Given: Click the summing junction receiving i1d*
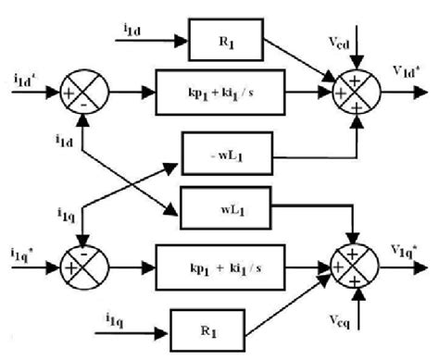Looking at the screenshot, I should tap(84, 93).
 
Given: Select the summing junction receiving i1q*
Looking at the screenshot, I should tap(84, 260).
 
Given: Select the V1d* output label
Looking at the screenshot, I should tap(406, 78).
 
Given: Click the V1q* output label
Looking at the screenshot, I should tap(406, 246).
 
